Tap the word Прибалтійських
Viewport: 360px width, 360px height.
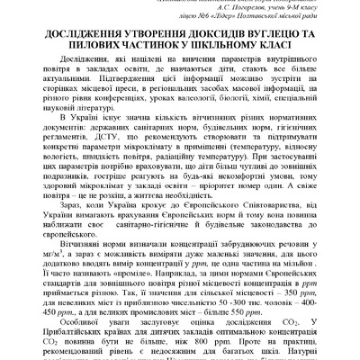pyautogui.click(x=90, y=355)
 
